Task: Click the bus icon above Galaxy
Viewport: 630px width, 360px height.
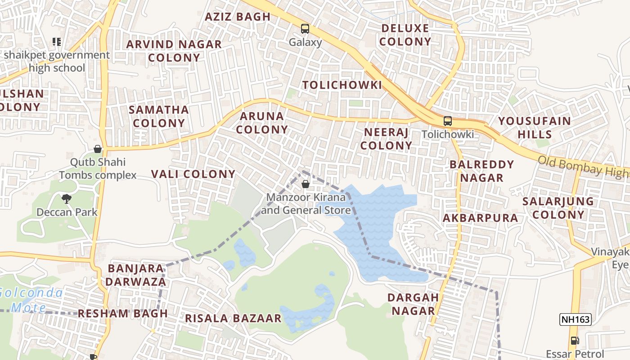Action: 305,29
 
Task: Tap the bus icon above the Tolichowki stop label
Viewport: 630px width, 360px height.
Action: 448,121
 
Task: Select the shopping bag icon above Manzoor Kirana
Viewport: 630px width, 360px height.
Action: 306,184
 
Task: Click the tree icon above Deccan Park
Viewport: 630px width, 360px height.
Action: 67,198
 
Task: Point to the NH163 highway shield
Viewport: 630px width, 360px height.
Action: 575,319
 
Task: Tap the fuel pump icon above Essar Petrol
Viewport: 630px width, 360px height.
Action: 575,341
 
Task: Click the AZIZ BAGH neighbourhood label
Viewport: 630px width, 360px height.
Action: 238,17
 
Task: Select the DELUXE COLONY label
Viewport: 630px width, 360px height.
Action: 406,35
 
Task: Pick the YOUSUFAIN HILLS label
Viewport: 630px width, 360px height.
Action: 534,128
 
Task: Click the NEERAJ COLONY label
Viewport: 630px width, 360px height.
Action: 386,139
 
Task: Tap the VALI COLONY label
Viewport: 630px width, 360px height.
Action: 193,174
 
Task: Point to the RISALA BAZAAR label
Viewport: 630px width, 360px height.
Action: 233,319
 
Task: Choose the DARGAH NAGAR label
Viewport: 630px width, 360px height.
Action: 413,304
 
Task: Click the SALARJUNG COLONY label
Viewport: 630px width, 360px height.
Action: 558,208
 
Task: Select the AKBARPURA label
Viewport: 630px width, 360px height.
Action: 480,218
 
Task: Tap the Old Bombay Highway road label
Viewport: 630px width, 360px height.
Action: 583,166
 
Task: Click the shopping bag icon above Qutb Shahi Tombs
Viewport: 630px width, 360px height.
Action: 98,149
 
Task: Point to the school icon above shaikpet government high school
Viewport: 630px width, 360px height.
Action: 57,42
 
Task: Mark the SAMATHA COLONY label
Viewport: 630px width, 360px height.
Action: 159,116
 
